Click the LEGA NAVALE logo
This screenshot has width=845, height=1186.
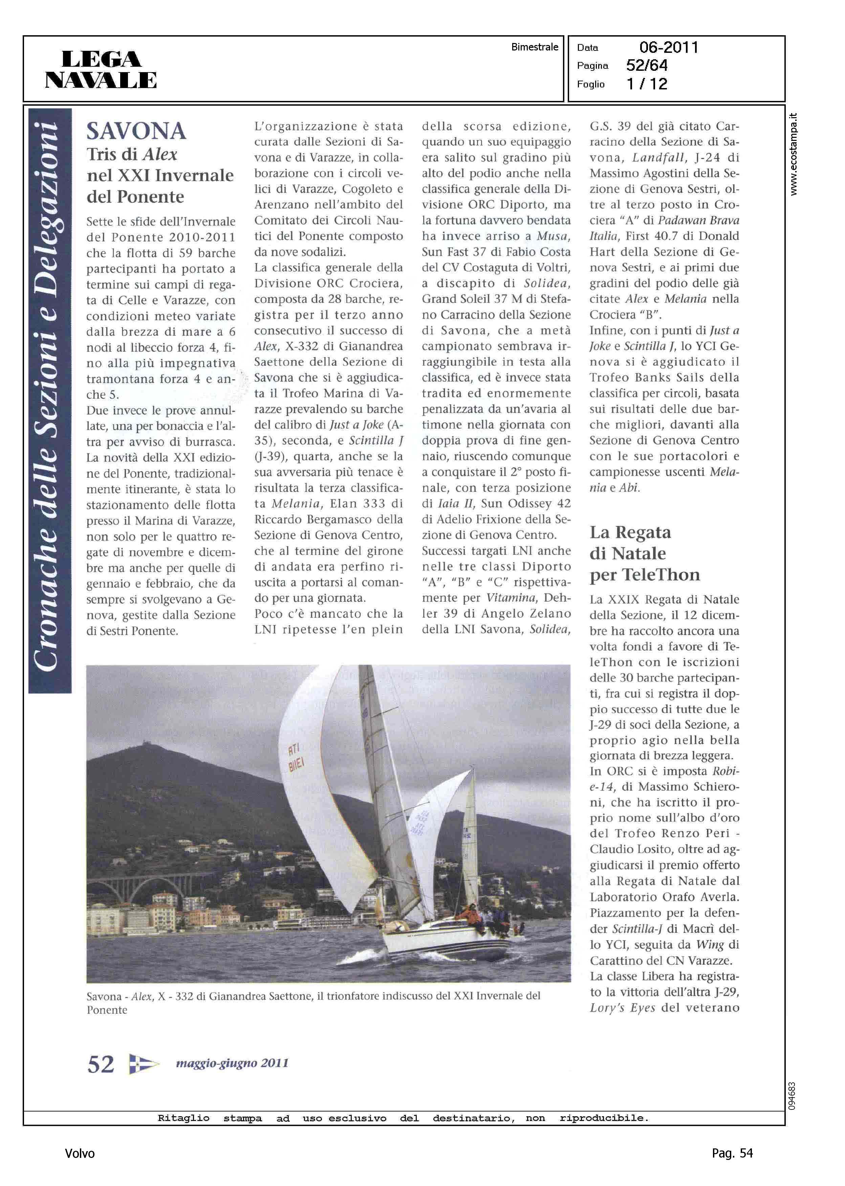click(101, 69)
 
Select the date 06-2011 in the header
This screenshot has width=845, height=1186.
click(669, 47)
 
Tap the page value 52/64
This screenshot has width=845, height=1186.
click(647, 66)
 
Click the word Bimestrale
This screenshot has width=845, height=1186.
click(534, 47)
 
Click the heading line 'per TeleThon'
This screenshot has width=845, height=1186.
click(645, 574)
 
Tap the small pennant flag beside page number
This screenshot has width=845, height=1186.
click(144, 1064)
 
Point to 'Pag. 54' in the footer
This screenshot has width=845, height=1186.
click(732, 1153)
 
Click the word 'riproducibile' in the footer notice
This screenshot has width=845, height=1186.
click(604, 1118)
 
